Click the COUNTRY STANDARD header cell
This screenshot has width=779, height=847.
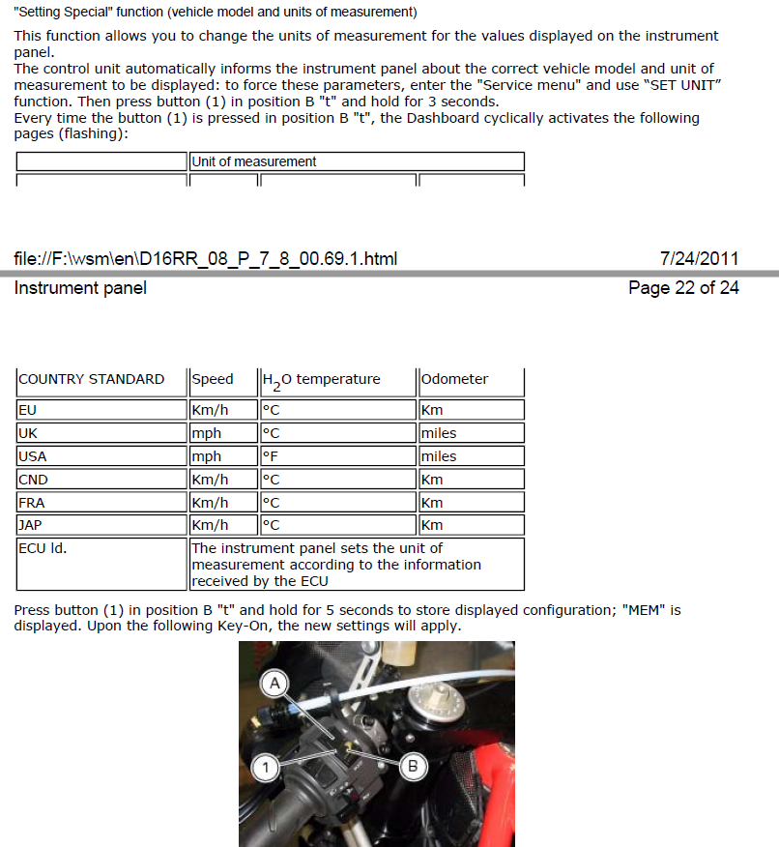click(x=92, y=379)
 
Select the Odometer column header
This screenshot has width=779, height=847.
click(x=454, y=379)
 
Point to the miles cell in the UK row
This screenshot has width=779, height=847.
click(x=439, y=433)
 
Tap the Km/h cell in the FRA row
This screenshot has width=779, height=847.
click(x=210, y=503)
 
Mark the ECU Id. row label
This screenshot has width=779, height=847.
click(x=43, y=548)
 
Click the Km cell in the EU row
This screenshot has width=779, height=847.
click(x=432, y=410)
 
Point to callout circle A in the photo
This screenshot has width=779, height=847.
click(x=274, y=684)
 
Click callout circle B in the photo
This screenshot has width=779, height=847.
click(x=413, y=767)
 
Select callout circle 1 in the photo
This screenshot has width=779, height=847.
click(x=265, y=769)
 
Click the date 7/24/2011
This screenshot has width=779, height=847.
click(x=699, y=258)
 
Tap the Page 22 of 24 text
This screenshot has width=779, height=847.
click(x=683, y=288)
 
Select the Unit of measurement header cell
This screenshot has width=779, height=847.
click(x=254, y=161)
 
